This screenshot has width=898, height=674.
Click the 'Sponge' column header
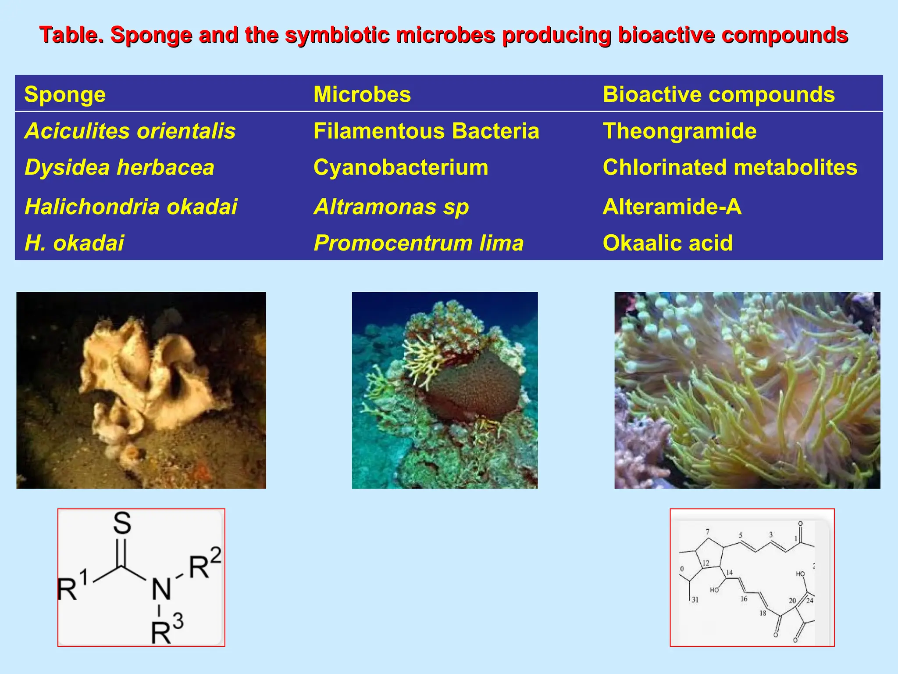[65, 94]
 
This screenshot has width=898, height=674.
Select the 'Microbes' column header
[362, 94]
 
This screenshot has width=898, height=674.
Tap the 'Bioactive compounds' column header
[719, 94]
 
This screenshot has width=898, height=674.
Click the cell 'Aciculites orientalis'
[130, 131]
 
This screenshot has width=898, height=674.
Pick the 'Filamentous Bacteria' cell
[426, 131]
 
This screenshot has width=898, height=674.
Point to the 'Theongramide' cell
[680, 131]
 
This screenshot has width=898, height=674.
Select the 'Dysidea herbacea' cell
[119, 167]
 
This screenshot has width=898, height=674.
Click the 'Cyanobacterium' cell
[401, 167]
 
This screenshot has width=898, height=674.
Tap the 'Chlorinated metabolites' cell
[730, 167]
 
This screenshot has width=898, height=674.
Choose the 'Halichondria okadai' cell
[131, 206]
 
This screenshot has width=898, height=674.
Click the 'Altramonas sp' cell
[391, 207]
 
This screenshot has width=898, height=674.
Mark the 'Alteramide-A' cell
[672, 206]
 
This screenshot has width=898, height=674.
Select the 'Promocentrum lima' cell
[419, 243]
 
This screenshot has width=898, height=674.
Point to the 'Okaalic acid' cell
[668, 243]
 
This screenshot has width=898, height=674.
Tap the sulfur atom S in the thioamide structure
[122, 523]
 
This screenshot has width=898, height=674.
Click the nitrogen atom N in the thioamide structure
[161, 589]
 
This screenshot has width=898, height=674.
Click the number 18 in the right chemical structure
[763, 613]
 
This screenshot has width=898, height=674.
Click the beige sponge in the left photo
[145, 377]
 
